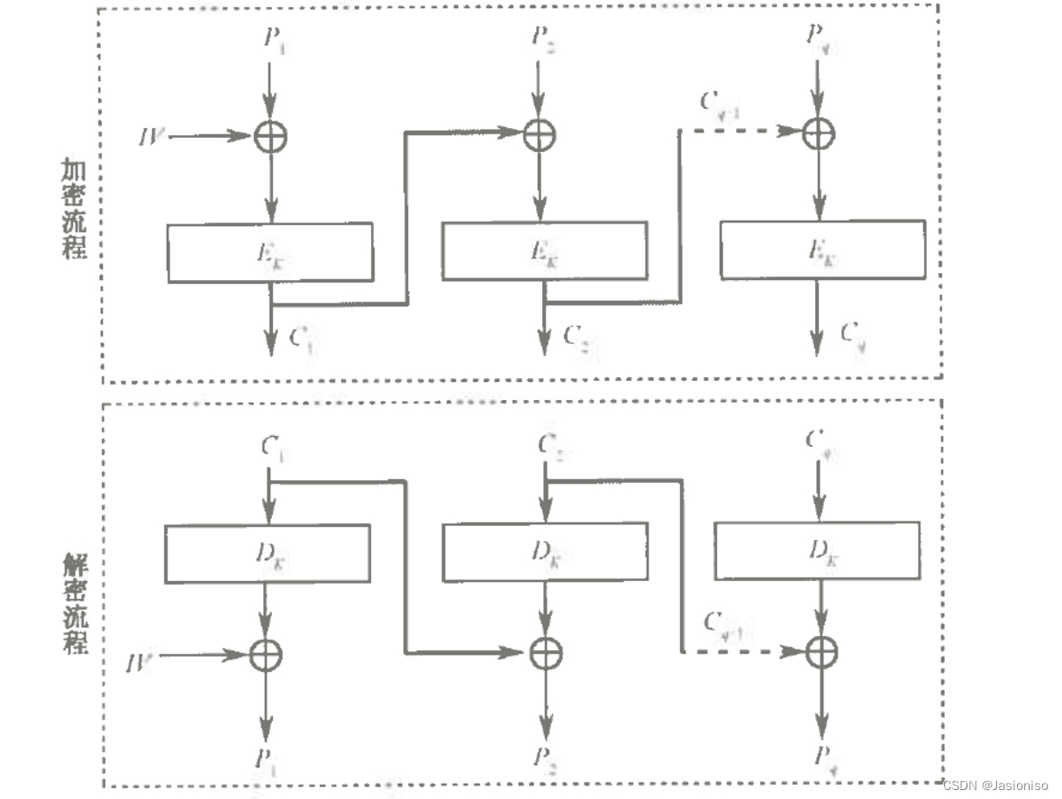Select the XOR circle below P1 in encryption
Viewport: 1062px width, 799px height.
tap(269, 136)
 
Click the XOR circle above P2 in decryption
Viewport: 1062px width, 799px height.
tap(544, 651)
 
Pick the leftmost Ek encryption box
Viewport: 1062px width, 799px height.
tap(270, 251)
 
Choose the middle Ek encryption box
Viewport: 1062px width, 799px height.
tap(544, 250)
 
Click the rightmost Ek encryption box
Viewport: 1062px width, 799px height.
tap(821, 249)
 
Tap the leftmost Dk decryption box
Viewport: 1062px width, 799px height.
tap(267, 553)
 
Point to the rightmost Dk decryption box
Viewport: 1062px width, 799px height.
tap(817, 550)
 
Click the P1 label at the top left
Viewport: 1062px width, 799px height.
tap(272, 38)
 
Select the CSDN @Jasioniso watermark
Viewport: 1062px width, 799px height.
tap(998, 785)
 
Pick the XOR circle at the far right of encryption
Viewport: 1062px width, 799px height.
tap(818, 133)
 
